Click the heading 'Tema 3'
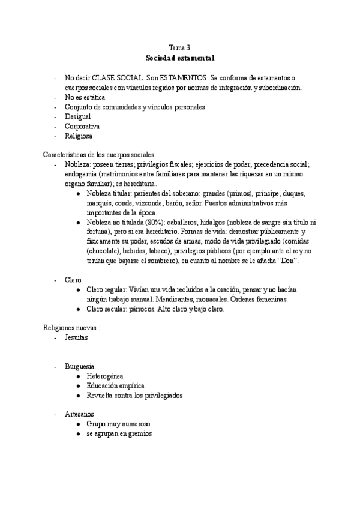pyautogui.click(x=179, y=47)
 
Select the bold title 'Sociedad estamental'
pyautogui.click(x=179, y=58)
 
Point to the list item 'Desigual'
pyautogui.click(x=78, y=116)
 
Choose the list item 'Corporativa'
pyautogui.click(x=82, y=126)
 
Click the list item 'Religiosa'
pyautogui.click(x=79, y=136)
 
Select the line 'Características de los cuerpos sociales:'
pyautogui.click(x=100, y=155)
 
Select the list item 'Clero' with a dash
pyautogui.click(x=73, y=280)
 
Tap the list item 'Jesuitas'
pyautogui.click(x=77, y=337)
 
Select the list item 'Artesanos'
pyautogui.click(x=79, y=414)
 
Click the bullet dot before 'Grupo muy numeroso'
pyautogui.click(x=79, y=424)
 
